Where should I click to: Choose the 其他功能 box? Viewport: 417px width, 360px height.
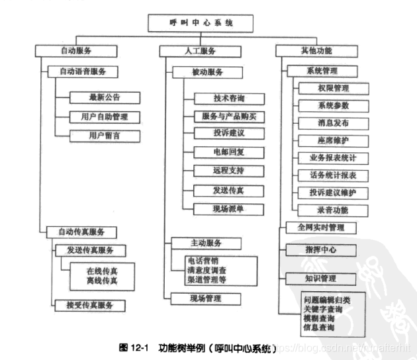312,50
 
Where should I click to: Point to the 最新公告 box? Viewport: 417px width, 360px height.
105,97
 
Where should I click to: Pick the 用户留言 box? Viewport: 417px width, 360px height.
105,135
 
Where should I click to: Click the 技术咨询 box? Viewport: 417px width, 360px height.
229,98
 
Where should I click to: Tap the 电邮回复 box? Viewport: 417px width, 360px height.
229,152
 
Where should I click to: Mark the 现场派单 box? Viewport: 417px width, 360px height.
229,208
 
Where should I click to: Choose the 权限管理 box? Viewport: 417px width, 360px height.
333,88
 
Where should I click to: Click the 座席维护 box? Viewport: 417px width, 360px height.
333,140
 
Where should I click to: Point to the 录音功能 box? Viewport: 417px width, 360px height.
333,210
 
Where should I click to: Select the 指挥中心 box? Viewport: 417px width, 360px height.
321,249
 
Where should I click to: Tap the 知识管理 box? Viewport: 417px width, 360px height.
321,278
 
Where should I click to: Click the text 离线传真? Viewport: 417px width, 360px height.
101,281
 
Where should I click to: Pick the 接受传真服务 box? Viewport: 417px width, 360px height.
89,304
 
